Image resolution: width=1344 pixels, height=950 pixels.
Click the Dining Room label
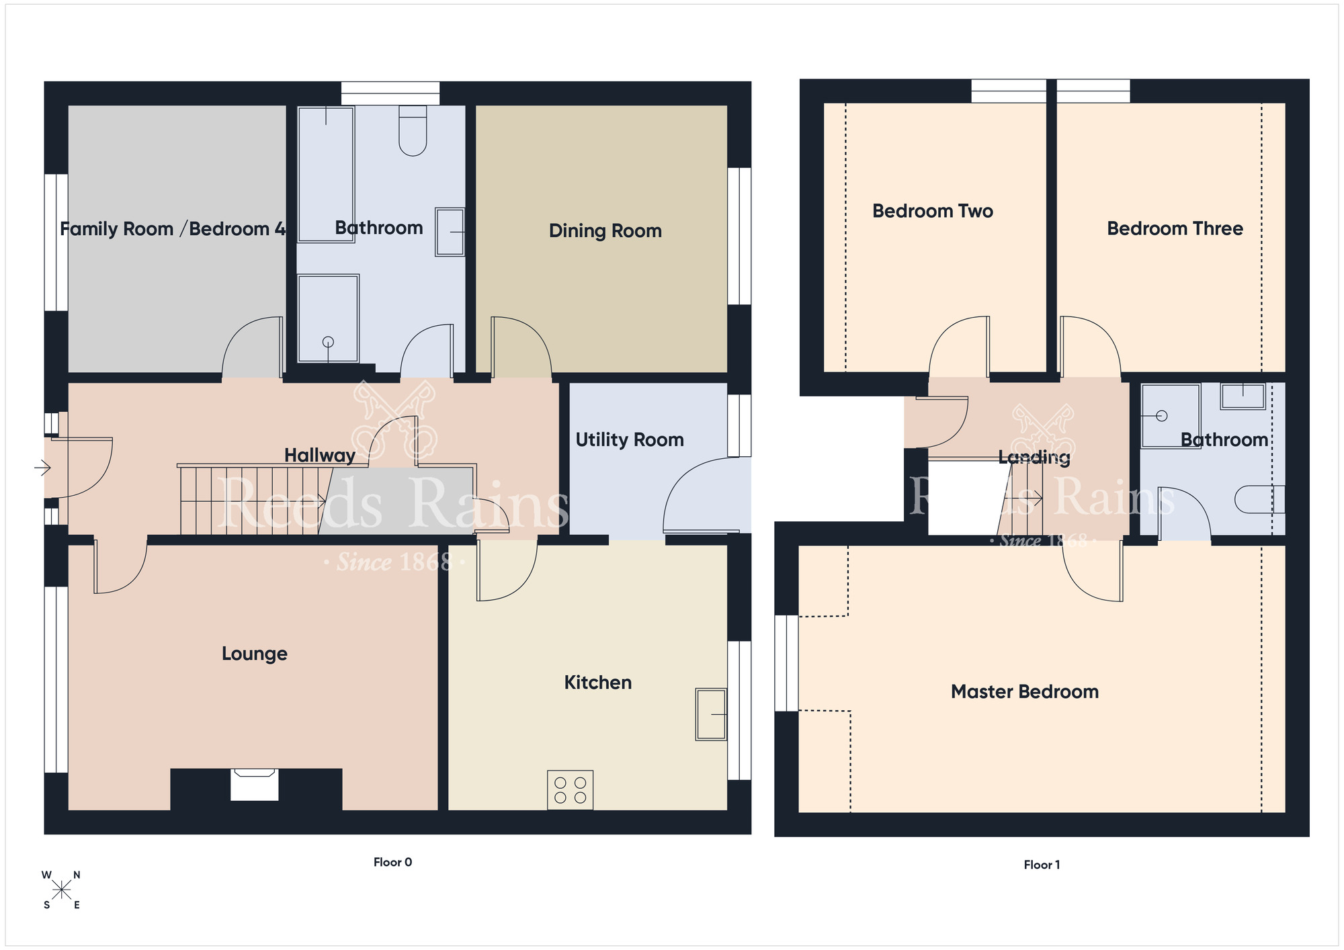[x=605, y=231]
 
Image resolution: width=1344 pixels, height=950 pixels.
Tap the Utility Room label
[x=630, y=440]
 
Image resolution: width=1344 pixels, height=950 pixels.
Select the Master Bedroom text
[x=1024, y=692]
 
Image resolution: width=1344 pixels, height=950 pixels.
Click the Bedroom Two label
[x=932, y=212]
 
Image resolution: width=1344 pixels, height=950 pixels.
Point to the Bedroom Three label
[x=1175, y=229]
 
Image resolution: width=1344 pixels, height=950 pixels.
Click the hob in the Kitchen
[x=570, y=790]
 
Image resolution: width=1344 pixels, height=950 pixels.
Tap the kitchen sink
[x=711, y=714]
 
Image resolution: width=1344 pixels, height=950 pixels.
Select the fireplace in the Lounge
[x=255, y=785]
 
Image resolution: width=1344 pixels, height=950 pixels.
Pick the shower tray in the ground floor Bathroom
[x=328, y=318]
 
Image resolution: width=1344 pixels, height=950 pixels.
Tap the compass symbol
[x=61, y=891]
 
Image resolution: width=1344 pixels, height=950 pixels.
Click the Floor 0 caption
[x=392, y=862]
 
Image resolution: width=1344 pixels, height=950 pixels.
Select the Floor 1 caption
[x=1042, y=865]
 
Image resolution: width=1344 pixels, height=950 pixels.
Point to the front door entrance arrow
[x=42, y=468]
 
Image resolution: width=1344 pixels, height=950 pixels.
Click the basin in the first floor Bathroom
[x=1243, y=396]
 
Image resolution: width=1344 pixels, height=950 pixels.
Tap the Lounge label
[x=255, y=654]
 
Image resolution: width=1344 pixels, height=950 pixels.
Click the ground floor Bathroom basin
[x=450, y=232]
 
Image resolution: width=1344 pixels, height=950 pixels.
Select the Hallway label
[x=319, y=456]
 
